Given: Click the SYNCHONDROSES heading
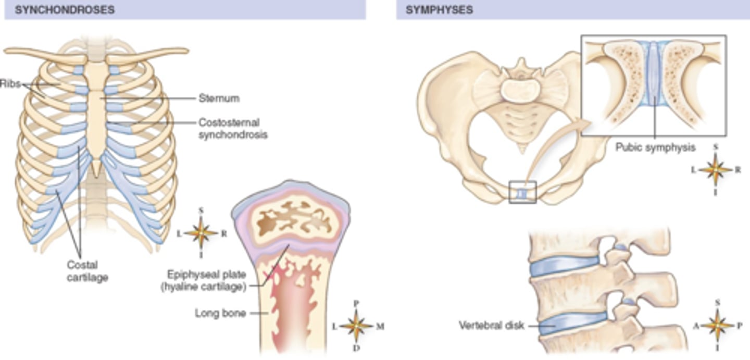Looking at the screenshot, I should [65, 10].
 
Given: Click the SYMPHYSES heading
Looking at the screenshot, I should [439, 10].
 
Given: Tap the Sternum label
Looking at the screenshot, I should [219, 98].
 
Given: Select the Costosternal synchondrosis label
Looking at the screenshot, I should [232, 129].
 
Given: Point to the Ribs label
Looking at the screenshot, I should [10, 83].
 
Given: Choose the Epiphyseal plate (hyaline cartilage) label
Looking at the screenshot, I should [207, 280].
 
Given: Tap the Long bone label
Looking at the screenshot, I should [220, 313].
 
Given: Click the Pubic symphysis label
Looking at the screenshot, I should [655, 147].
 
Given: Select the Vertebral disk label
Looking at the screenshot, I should [492, 326].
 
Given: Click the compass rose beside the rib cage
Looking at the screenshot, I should [201, 233].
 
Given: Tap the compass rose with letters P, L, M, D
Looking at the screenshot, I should [357, 326].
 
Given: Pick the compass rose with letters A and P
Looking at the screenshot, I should [717, 325].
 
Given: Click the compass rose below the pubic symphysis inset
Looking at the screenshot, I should [716, 169].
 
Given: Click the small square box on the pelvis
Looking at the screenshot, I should [522, 192].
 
